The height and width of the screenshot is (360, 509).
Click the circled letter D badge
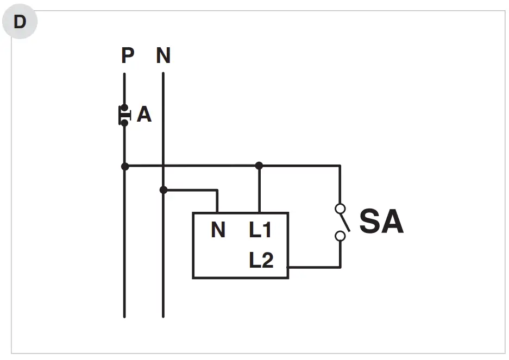coord(20,22)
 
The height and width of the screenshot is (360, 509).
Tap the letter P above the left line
coord(128,55)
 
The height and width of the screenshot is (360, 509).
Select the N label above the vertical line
coord(163,55)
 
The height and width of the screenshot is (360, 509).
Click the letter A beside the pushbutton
coord(144,115)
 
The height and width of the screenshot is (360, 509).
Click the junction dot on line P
coord(125,166)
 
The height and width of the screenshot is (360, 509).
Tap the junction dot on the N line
coord(163,190)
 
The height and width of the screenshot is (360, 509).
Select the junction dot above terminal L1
coord(259,166)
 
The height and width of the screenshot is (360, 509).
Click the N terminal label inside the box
coord(218,230)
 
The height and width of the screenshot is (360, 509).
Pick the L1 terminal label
coord(260,230)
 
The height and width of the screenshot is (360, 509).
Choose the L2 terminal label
coord(261,261)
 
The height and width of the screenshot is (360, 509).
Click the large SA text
coord(381,222)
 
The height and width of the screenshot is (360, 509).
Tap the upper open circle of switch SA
coord(340,208)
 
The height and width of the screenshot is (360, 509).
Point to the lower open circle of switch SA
coord(340,236)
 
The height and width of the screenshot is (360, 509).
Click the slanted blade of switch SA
coord(344,222)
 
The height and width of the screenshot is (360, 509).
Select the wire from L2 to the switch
coord(315,267)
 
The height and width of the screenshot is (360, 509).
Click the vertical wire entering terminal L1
coord(259,190)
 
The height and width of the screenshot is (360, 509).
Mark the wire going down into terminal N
coord(217,201)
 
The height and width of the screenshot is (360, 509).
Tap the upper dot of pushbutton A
coord(124,108)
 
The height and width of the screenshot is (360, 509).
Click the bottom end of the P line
coord(124,315)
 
